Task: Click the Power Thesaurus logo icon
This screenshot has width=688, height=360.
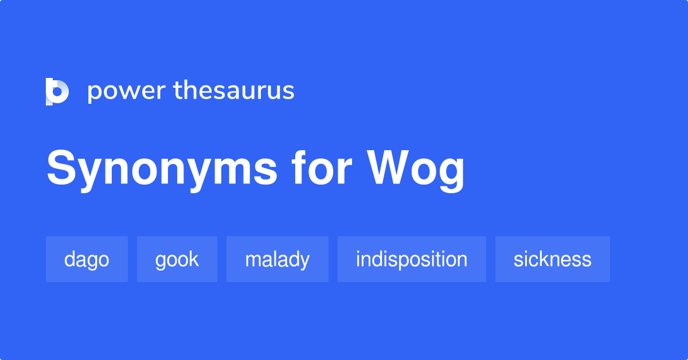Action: click(57, 92)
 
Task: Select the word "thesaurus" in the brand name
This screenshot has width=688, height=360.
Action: click(234, 91)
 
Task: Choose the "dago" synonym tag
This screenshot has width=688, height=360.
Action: click(87, 259)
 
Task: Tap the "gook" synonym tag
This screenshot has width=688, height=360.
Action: click(177, 259)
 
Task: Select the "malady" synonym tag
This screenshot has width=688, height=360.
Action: click(277, 259)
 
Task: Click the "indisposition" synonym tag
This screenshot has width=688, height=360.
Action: click(411, 259)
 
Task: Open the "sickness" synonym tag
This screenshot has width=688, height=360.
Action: click(552, 259)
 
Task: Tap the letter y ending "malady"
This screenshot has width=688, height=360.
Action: click(305, 261)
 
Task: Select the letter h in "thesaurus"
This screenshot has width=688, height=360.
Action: click(193, 90)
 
